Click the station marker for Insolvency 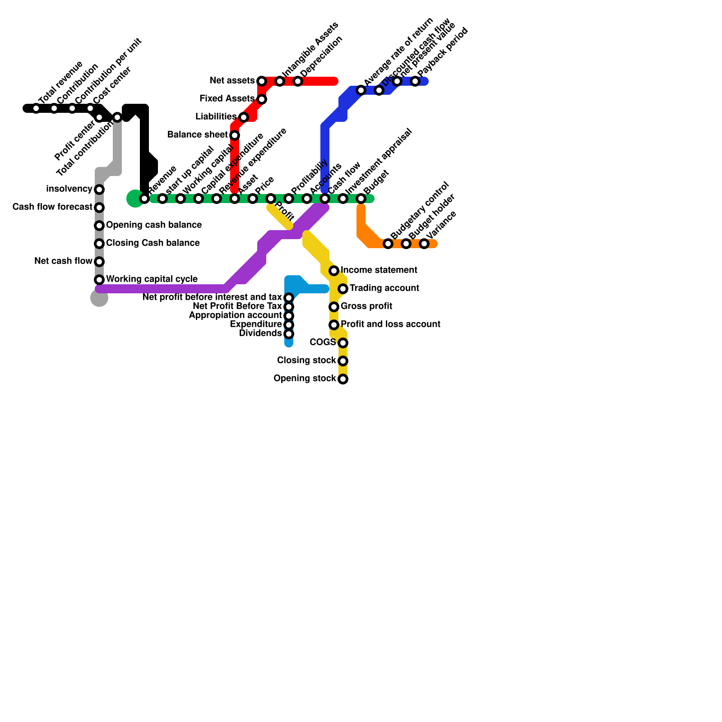[99, 190]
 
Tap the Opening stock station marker [343, 379]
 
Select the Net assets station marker [262, 81]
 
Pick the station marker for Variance [424, 244]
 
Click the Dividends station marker [289, 334]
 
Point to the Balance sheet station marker [235, 135]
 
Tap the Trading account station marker [343, 289]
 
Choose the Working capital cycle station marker [99, 280]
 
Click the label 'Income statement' [379, 270]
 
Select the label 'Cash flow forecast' [52, 207]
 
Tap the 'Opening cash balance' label [153, 225]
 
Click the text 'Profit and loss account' [390, 324]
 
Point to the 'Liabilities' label [216, 117]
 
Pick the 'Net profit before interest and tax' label [212, 297]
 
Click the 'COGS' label [323, 342]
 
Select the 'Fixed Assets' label [227, 98]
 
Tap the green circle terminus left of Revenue [135, 199]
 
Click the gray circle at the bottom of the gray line [99, 298]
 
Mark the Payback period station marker [415, 81]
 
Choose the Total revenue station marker [36, 108]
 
